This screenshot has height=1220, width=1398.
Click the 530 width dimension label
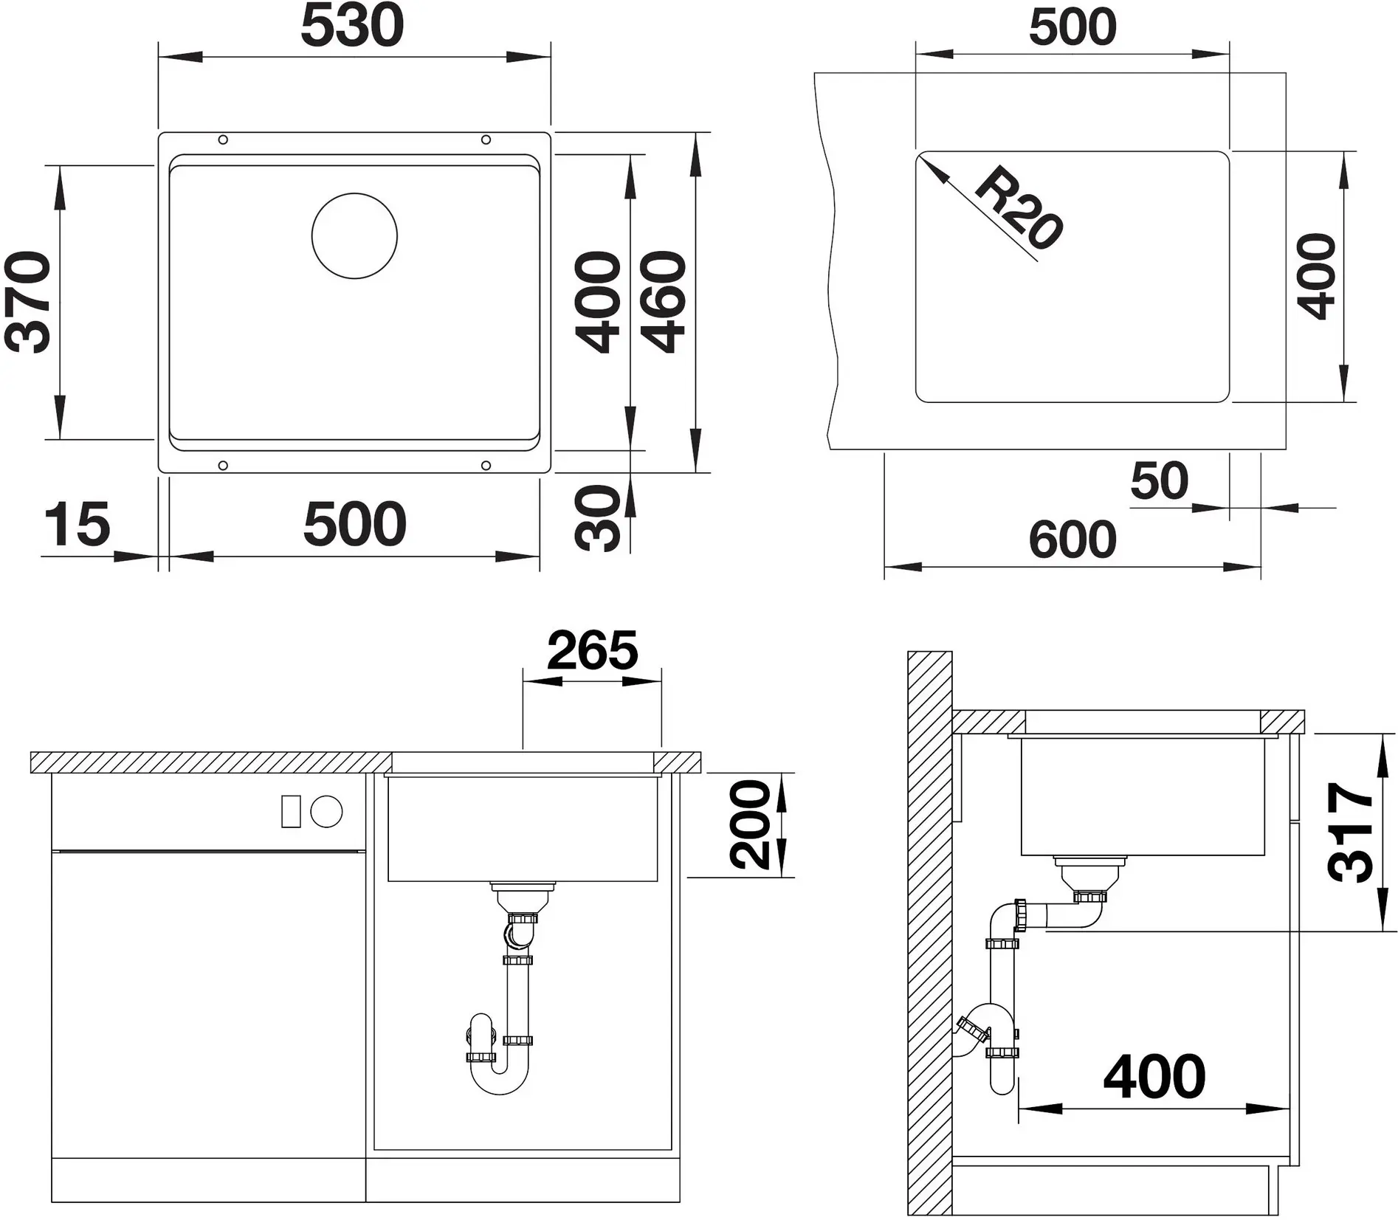(353, 25)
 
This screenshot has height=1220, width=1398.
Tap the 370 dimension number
(28, 302)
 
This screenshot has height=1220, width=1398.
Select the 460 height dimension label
(664, 302)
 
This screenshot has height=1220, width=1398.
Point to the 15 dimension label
(77, 524)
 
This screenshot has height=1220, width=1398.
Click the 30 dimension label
(599, 518)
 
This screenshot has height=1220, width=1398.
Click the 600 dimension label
(1072, 540)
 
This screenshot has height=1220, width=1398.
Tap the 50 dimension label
(1159, 480)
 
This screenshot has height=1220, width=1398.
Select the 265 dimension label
(593, 650)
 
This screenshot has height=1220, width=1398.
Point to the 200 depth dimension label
(750, 824)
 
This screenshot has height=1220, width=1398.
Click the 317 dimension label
(1351, 832)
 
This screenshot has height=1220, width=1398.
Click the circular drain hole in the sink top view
(354, 236)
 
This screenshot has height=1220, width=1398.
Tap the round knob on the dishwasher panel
(326, 812)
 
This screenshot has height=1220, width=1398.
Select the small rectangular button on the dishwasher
(291, 812)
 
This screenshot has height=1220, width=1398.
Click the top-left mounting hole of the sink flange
(223, 139)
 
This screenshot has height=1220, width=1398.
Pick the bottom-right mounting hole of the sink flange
(486, 465)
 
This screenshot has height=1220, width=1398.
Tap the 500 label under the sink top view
(355, 524)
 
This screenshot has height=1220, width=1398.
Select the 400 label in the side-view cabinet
(1154, 1077)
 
